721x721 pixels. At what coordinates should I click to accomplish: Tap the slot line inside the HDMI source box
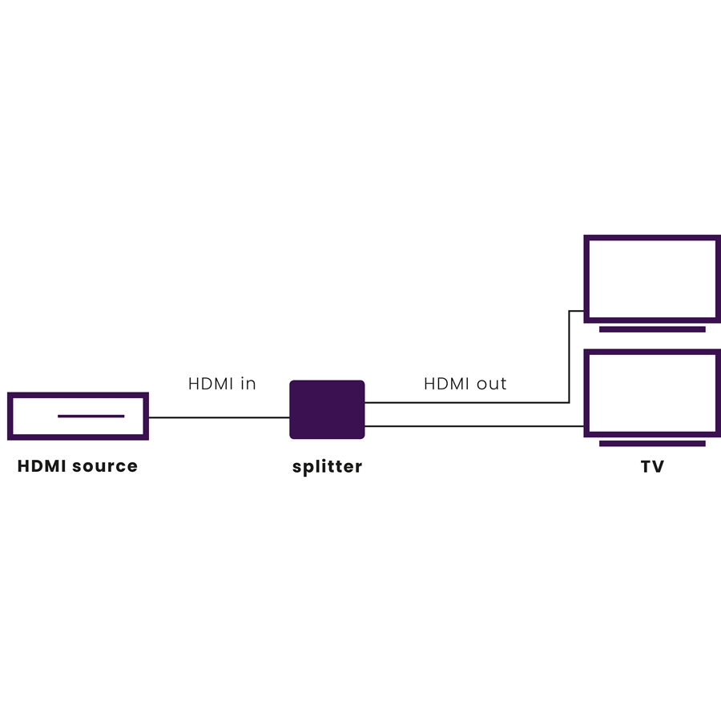click(91, 416)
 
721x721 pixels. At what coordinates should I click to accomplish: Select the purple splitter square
click(327, 409)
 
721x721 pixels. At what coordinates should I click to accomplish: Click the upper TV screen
click(651, 278)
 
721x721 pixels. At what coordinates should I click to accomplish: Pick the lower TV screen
click(651, 393)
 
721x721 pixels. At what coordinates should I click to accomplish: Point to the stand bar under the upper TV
click(651, 329)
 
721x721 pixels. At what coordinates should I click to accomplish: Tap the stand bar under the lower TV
click(651, 443)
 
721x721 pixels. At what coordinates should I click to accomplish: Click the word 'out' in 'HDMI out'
click(491, 384)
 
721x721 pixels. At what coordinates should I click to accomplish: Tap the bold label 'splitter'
click(327, 466)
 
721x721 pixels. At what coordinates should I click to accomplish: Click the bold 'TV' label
click(652, 466)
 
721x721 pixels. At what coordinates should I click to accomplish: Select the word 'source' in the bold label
click(107, 466)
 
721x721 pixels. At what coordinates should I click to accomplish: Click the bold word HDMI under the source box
click(42, 466)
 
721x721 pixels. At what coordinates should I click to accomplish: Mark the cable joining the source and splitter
click(219, 417)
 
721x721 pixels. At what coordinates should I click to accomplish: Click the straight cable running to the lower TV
click(473, 425)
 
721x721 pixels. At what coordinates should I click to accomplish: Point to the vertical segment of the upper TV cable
click(569, 356)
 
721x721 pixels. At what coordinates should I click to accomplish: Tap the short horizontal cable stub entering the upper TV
click(577, 311)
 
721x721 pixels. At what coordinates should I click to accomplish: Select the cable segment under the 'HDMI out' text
click(465, 402)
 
